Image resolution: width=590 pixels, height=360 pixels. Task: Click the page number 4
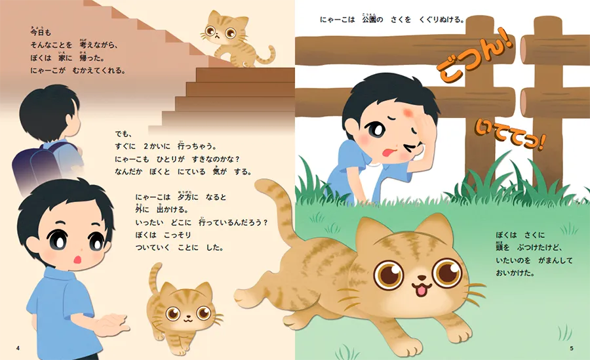pos(18,348)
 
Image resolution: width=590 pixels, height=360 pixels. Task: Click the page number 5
pos(572,348)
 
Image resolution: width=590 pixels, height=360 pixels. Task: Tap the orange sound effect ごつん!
pos(475,54)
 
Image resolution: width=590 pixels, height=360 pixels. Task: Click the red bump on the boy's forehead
pos(408,112)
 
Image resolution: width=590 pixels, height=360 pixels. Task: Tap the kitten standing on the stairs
pos(235,39)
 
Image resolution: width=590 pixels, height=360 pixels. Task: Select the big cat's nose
pos(422,278)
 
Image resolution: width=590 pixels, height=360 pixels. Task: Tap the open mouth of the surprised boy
pos(78,260)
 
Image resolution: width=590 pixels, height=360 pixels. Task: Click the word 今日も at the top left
pos(41,31)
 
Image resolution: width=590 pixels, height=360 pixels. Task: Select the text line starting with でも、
pos(124,134)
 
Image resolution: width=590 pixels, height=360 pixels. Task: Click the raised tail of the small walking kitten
pos(154,278)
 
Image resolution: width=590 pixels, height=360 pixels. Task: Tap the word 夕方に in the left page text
pos(187,196)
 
